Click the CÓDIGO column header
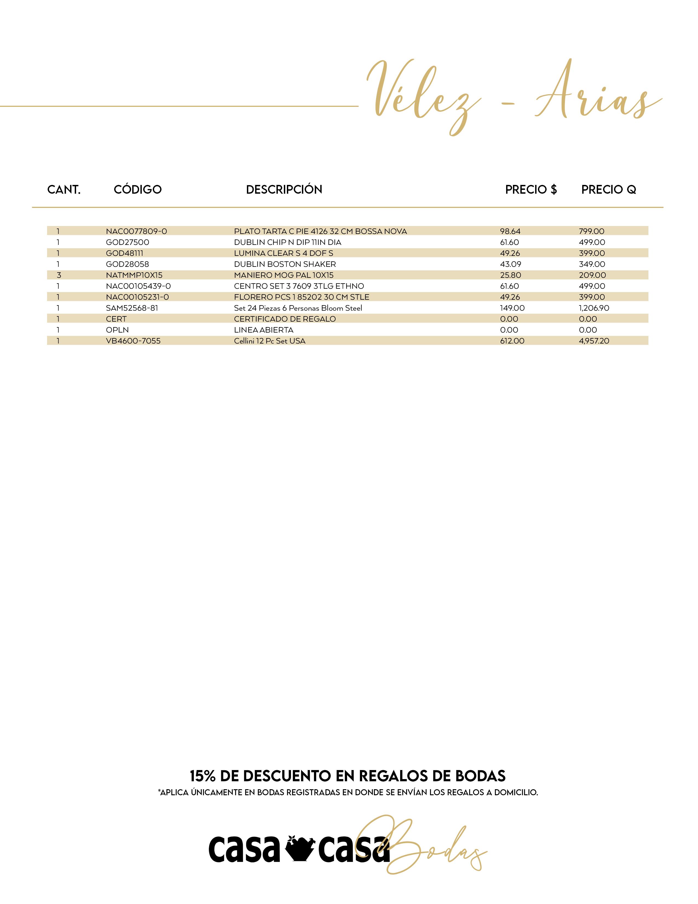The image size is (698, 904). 138,190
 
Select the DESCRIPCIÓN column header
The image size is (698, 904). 284,190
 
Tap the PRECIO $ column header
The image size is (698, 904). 531,190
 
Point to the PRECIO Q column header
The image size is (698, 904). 608,190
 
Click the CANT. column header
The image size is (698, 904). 64,190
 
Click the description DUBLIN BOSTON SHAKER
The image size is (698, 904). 285,264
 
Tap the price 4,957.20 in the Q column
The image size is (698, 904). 594,341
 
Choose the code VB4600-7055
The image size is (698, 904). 133,341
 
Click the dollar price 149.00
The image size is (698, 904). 512,308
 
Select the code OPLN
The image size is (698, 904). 117,330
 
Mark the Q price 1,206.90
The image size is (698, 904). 594,308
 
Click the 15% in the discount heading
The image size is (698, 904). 203,776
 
